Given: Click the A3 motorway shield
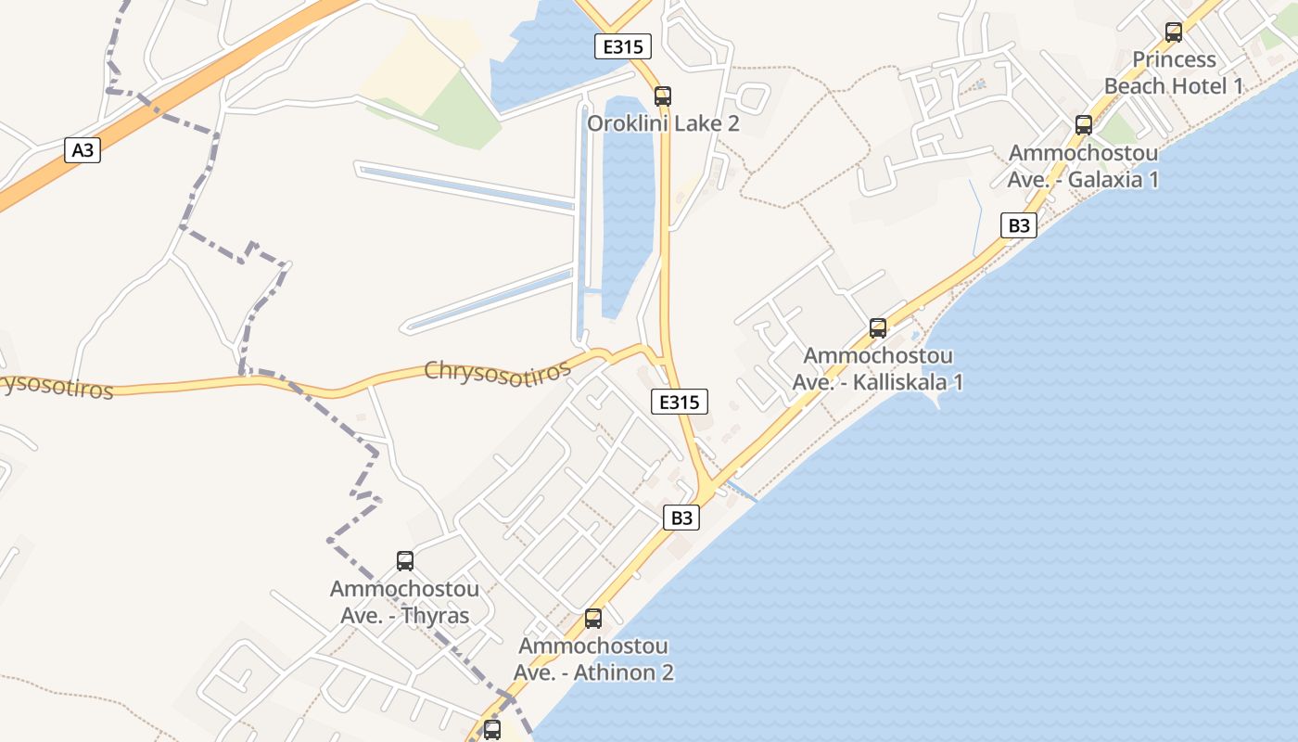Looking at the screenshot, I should [x=83, y=149].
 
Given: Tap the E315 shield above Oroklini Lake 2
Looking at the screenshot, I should [x=623, y=46].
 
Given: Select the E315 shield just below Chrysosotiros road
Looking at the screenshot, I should [x=679, y=402].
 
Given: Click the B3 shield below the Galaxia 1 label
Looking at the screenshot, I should [x=1018, y=225].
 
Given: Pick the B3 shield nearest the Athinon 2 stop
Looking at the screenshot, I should [x=681, y=518].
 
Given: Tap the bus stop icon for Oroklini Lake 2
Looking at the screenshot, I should [x=662, y=96].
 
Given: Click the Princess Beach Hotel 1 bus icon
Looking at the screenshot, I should [x=1174, y=32].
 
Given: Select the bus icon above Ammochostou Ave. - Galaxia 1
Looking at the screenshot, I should [x=1083, y=125].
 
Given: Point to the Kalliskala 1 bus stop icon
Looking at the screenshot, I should [x=877, y=327].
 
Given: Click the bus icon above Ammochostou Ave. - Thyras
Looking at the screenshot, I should [x=405, y=560].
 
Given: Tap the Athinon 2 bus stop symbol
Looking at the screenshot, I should [x=593, y=618].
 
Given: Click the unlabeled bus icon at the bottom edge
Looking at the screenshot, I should [x=491, y=729].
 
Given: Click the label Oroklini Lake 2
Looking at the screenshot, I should [x=663, y=123].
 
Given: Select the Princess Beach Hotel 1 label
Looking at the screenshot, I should [x=1174, y=72].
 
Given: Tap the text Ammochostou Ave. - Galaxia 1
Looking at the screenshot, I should [x=1083, y=166].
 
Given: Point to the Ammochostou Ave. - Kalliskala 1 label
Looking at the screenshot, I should [x=877, y=368].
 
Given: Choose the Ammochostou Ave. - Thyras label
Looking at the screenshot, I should [x=405, y=602].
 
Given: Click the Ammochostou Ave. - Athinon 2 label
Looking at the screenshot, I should [x=593, y=659].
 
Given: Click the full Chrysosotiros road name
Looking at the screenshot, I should [x=497, y=370].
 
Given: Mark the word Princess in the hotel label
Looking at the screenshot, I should [x=1174, y=59].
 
